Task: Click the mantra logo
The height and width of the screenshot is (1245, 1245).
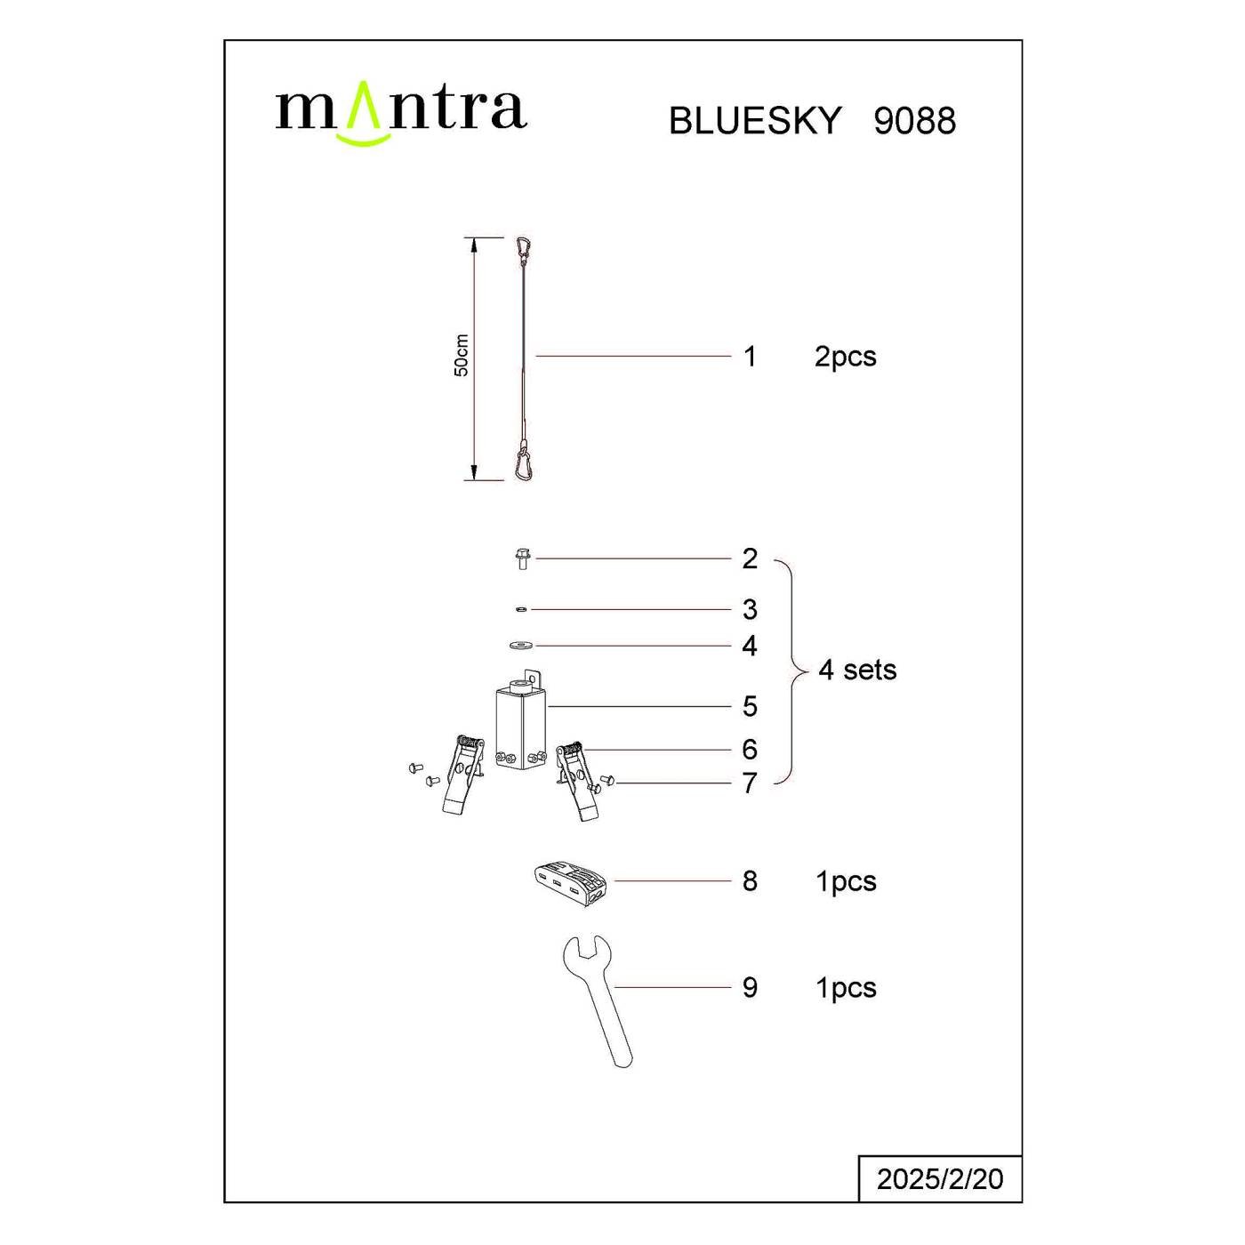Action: (x=401, y=111)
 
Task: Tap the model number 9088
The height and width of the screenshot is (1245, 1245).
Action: (x=914, y=121)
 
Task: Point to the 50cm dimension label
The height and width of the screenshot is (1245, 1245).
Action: (x=462, y=356)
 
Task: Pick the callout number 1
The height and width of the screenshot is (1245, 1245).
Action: (x=750, y=357)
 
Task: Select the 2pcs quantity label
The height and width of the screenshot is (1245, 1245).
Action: (x=845, y=357)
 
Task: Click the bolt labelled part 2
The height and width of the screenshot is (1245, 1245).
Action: (x=522, y=559)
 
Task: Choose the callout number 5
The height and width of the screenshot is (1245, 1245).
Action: (x=750, y=706)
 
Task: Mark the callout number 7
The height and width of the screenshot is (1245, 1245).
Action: (x=750, y=783)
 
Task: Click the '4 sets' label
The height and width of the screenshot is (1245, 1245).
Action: (x=857, y=670)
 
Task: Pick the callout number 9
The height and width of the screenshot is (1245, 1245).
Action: (x=750, y=987)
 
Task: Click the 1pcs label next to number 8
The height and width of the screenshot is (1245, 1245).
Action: (x=846, y=881)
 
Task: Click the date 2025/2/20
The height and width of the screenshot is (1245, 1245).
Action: (x=940, y=1179)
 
